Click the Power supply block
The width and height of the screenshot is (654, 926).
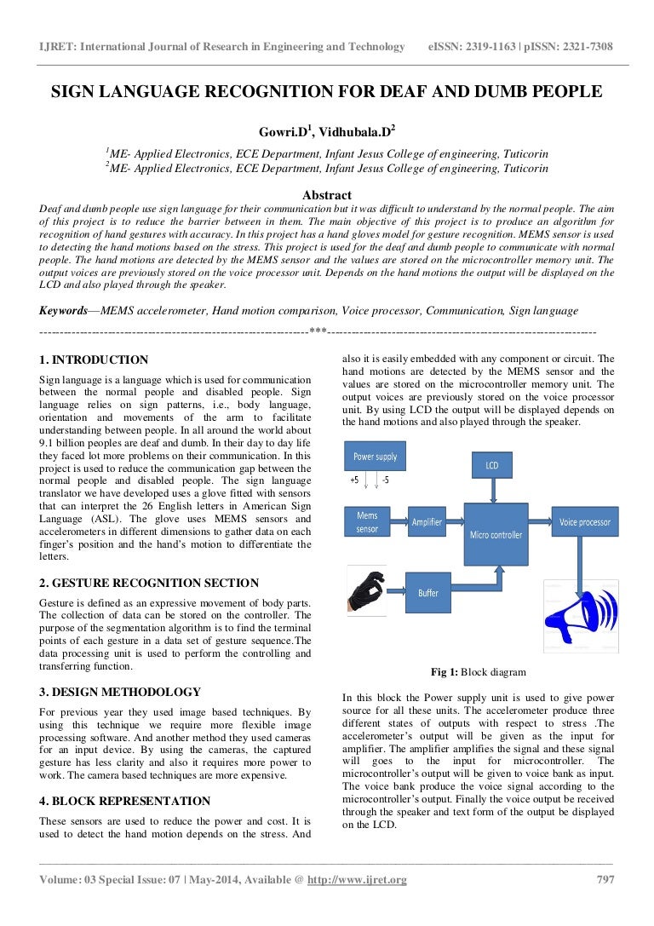click(375, 457)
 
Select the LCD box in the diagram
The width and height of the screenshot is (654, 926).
click(491, 465)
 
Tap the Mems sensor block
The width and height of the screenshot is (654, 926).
click(367, 522)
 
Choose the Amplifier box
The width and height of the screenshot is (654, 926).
click(426, 522)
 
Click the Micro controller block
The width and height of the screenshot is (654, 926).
click(496, 534)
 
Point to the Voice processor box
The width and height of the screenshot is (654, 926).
click(584, 522)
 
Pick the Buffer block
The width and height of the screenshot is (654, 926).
click(427, 591)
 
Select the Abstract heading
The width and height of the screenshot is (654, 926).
click(327, 195)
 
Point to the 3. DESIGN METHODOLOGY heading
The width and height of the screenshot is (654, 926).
click(120, 692)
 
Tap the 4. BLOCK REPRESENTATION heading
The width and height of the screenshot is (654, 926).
click(124, 801)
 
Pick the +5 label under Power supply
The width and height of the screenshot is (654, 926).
click(354, 480)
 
